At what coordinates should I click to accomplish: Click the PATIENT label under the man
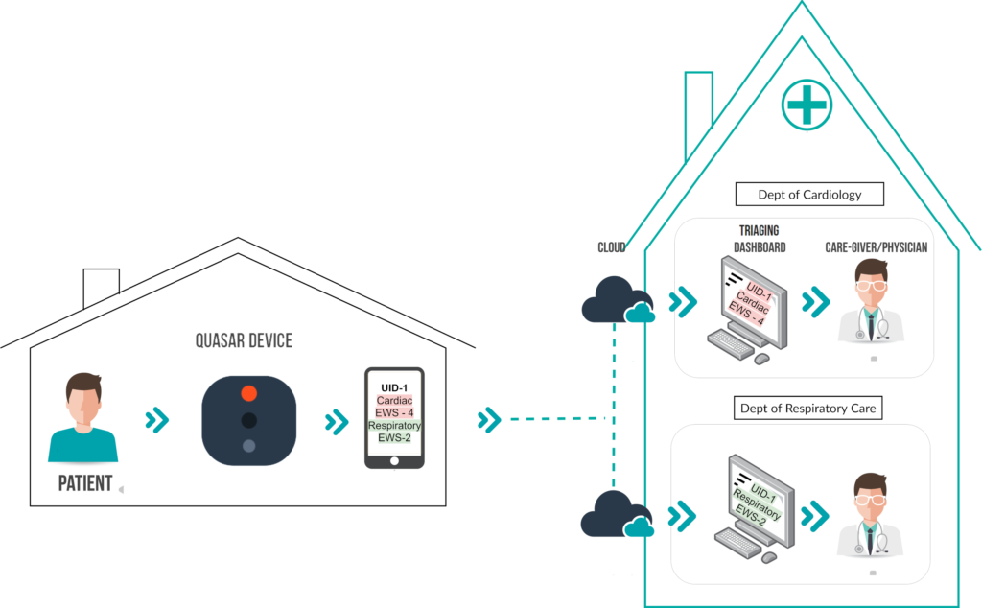coord(85,483)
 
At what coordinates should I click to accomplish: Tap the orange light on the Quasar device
coord(248,393)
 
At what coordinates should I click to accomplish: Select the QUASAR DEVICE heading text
coord(244,340)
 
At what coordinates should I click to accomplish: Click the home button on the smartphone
coord(394,461)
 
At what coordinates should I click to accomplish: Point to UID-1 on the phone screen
coord(394,388)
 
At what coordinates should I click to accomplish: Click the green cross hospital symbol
coord(807,105)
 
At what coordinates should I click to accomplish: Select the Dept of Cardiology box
coord(809,194)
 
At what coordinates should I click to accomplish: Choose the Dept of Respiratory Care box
coord(807,409)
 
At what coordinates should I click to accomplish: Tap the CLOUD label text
coord(611,247)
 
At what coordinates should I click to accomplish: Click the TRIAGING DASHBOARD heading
coord(760,239)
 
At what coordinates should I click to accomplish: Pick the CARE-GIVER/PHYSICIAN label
coord(877,247)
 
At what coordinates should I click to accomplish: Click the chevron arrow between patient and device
coord(157,420)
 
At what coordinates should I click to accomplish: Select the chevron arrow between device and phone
coord(337,422)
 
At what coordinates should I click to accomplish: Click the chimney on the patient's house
coord(102,288)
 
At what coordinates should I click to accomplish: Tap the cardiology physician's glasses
coord(872,286)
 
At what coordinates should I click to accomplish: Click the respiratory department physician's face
coord(871,501)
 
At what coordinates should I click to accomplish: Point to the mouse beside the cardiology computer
coord(761,359)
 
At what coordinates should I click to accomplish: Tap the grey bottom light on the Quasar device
coord(248,446)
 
